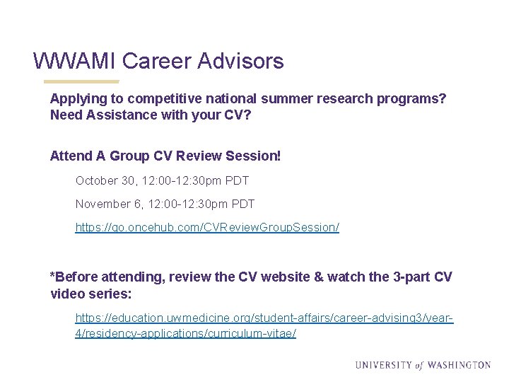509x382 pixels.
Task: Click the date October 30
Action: pyautogui.click(x=107, y=180)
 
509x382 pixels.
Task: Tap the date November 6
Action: pyautogui.click(x=109, y=204)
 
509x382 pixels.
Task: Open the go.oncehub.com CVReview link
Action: pyautogui.click(x=207, y=228)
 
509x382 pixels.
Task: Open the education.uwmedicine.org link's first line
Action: pyautogui.click(x=264, y=318)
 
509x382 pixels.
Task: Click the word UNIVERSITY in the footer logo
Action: pyautogui.click(x=383, y=366)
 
